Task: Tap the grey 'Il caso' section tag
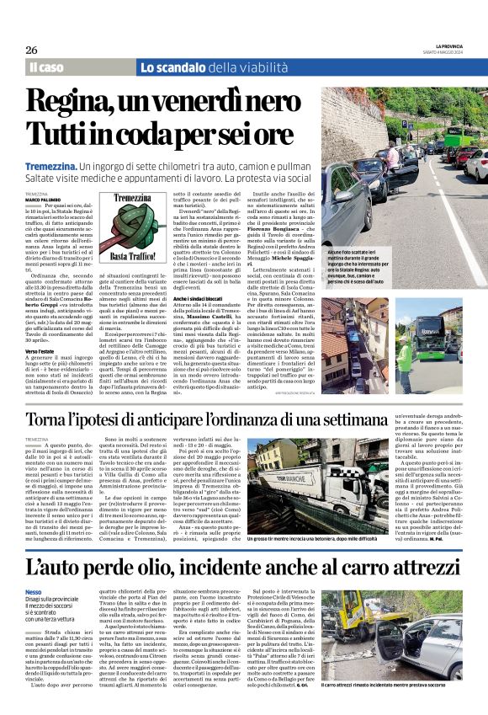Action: [46, 67]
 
